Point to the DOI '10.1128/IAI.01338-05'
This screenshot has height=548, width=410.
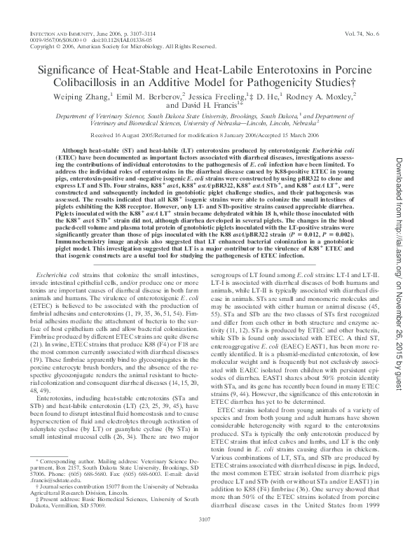click(121, 40)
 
